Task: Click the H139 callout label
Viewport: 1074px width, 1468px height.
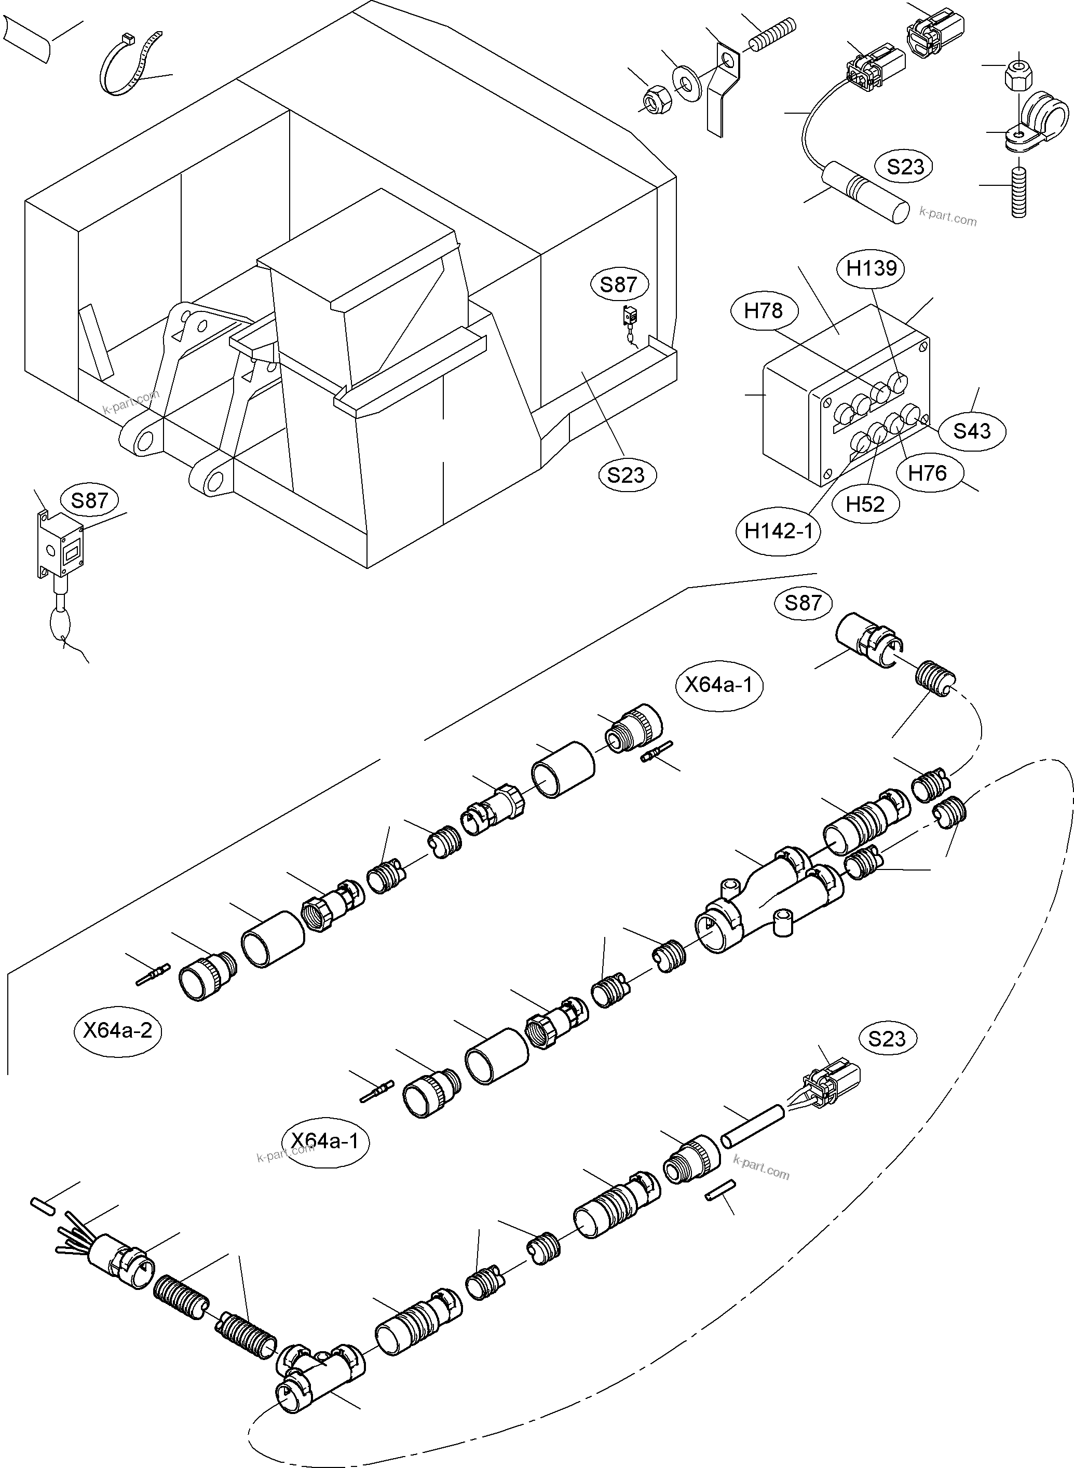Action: click(871, 268)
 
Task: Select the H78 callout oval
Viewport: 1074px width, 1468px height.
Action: click(763, 311)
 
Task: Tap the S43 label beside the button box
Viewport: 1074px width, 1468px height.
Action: click(971, 430)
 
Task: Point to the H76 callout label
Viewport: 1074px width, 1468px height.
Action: click(927, 473)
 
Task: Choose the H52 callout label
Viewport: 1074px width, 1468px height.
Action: click(865, 504)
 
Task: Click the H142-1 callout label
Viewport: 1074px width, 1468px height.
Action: click(778, 531)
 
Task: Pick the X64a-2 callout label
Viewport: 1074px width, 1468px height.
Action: click(118, 1030)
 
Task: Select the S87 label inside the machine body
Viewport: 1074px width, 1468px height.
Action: click(618, 284)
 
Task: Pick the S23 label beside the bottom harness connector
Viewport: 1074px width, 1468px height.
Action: click(887, 1038)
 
